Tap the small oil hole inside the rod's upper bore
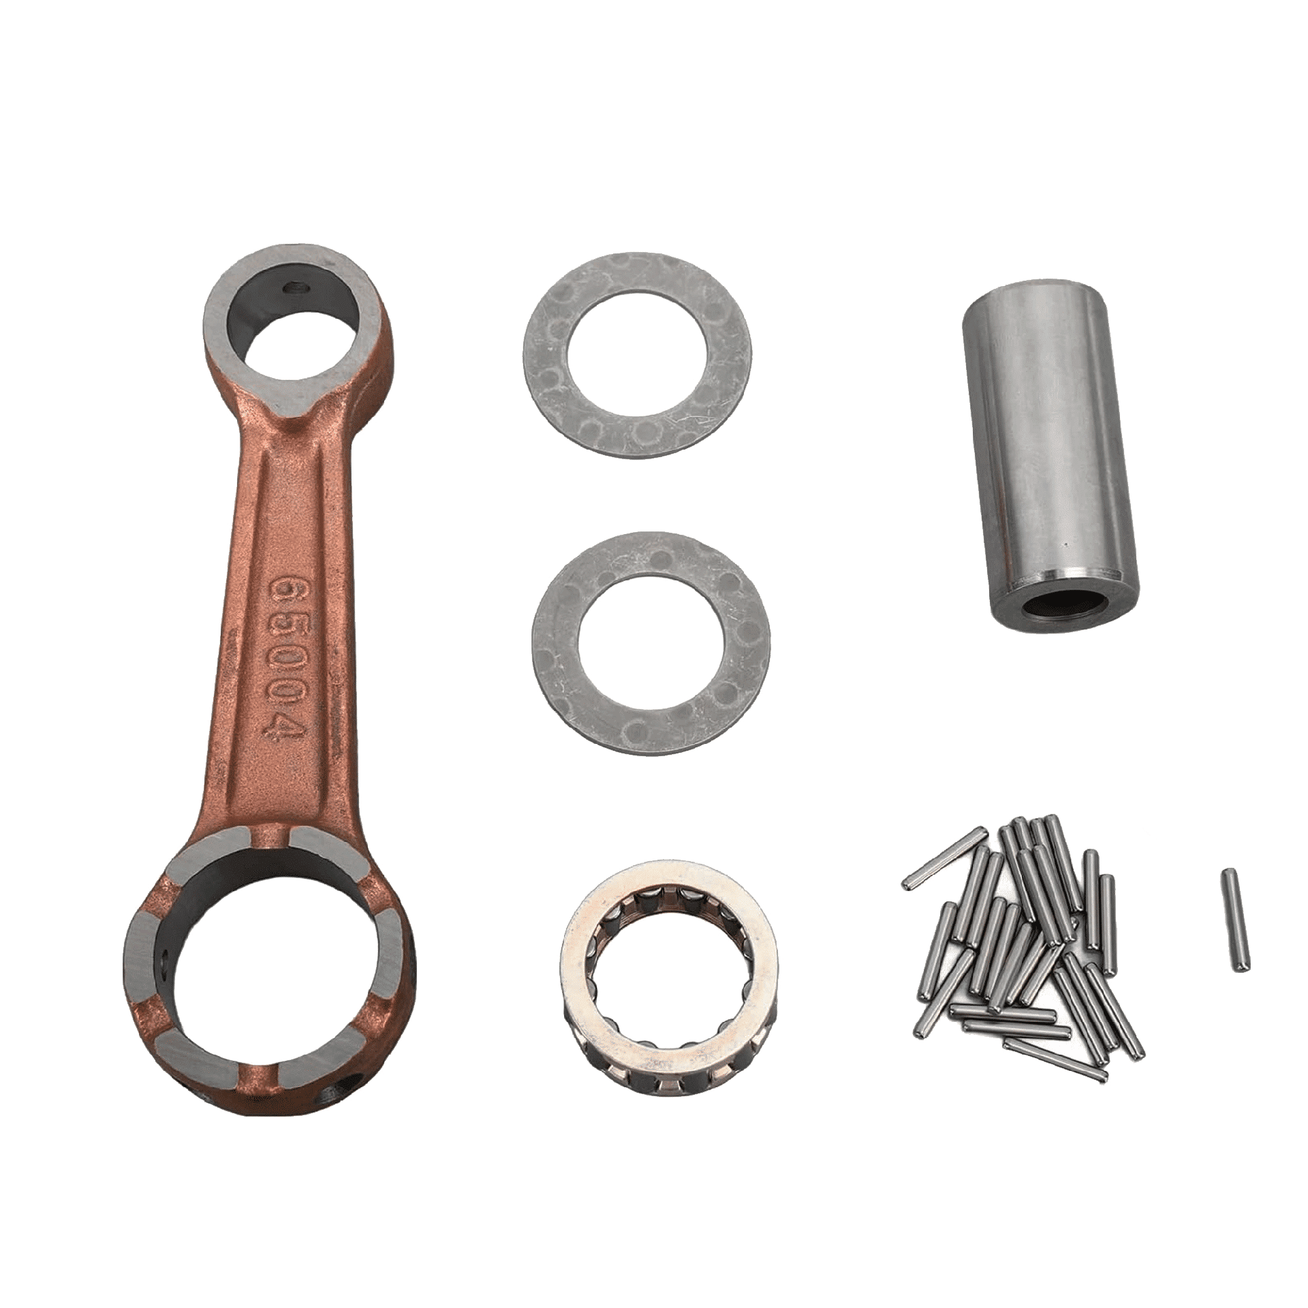292,289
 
